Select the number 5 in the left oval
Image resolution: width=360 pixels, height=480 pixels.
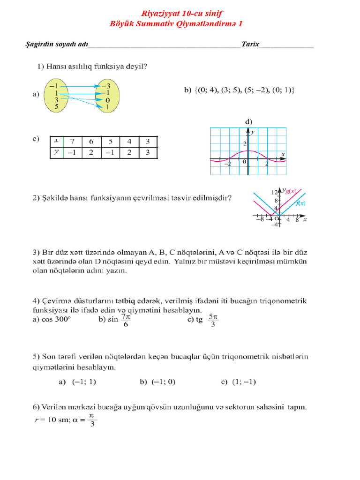[x=56, y=106]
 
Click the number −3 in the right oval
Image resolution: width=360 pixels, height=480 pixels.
[x=107, y=86]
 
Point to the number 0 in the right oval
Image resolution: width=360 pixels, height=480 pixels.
[x=107, y=100]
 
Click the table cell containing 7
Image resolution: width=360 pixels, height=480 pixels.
[x=72, y=141]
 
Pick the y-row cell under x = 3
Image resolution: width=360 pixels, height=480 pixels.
[x=147, y=152]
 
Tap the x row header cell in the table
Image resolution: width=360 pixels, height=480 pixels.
[x=56, y=141]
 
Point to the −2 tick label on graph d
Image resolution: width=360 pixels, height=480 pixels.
[x=228, y=164]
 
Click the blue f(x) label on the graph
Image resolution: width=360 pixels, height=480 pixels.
[x=300, y=203]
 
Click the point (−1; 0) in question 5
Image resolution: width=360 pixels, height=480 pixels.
[x=164, y=382]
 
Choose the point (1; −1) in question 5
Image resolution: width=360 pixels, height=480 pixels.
[x=244, y=382]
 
